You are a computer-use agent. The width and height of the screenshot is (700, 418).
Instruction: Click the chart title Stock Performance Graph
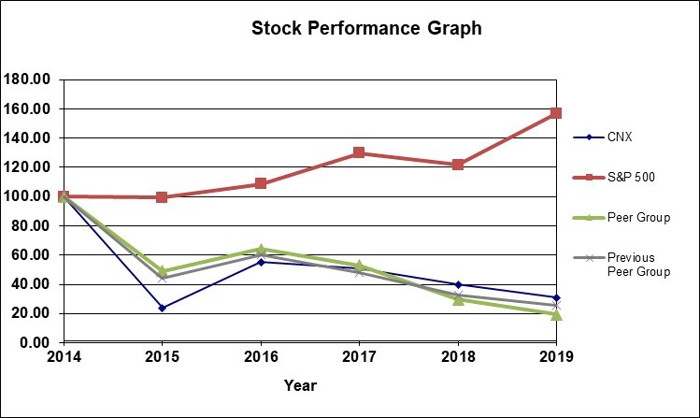tap(366, 29)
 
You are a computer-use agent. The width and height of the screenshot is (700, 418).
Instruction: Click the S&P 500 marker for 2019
tap(556, 113)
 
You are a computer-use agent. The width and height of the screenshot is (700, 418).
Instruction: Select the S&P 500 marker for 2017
tap(359, 152)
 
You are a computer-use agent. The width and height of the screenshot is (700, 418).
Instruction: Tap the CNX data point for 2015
tap(162, 308)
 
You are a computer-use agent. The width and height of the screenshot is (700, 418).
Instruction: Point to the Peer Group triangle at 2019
tap(556, 315)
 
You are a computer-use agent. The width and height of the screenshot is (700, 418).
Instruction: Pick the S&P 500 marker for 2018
tap(458, 165)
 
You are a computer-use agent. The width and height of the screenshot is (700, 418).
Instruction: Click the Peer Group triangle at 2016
tap(261, 249)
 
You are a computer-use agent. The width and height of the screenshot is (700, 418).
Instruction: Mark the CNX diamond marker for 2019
tap(556, 297)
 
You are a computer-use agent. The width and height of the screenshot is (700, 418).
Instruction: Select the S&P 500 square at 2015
tap(162, 197)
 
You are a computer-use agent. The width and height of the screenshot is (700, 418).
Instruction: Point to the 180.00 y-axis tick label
tap(28, 79)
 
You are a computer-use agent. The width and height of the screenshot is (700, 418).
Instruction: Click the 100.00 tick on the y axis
tap(28, 196)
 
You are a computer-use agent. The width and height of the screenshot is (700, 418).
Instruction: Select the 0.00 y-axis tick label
tap(36, 342)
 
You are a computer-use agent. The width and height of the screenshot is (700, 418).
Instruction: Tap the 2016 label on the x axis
tap(261, 356)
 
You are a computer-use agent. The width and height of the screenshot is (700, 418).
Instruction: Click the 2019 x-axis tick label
tap(555, 356)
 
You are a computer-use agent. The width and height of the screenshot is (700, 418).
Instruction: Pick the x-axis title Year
tap(301, 385)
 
